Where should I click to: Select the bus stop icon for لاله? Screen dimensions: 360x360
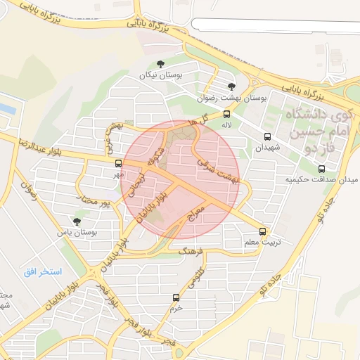click(226, 113)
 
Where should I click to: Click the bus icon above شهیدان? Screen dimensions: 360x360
click(267, 136)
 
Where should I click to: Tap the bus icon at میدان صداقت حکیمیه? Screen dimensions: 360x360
click(322, 169)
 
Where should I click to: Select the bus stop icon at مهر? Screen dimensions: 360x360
click(117, 163)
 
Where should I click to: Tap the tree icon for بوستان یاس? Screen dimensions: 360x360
click(77, 221)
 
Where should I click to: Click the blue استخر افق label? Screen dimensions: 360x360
click(43, 271)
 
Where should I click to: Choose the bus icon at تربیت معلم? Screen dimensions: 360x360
click(263, 231)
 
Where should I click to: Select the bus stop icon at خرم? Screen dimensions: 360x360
click(176, 297)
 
